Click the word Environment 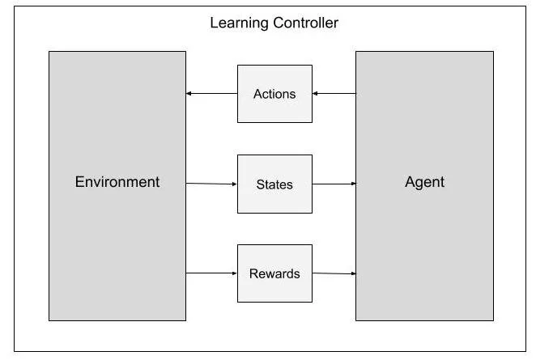[x=117, y=181]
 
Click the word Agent [x=424, y=181]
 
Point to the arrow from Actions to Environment [x=211, y=94]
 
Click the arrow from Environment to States [x=211, y=184]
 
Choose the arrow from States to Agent [x=334, y=184]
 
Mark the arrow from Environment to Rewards [x=211, y=273]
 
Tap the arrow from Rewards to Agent [x=334, y=273]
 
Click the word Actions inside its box [x=274, y=94]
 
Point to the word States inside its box [x=274, y=184]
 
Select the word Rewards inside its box [x=274, y=273]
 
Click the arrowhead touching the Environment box [x=189, y=94]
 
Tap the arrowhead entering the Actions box [x=315, y=94]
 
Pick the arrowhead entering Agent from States [x=353, y=184]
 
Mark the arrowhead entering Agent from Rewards [x=353, y=274]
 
